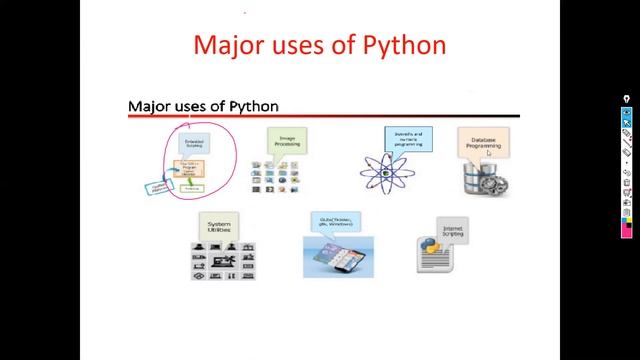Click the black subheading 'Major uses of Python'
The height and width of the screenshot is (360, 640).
[203, 106]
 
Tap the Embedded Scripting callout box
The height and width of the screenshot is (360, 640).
[196, 142]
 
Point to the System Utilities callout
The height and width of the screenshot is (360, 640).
[218, 225]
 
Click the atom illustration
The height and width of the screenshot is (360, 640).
[384, 171]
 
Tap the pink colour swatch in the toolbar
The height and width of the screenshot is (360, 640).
[627, 231]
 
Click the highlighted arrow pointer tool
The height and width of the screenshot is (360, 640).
[627, 121]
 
